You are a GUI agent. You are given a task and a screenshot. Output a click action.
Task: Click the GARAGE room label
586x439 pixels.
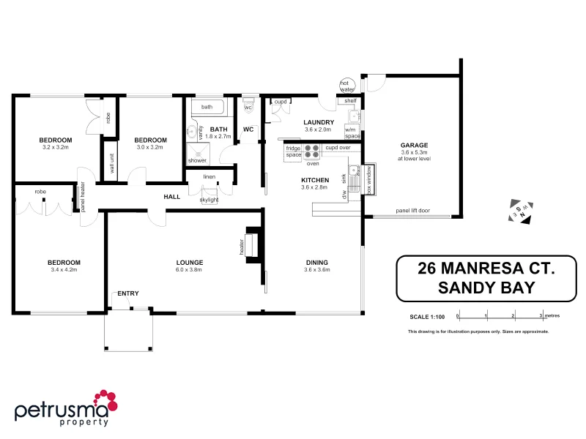click(414, 145)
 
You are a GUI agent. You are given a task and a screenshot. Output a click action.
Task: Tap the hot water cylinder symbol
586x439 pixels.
click(346, 86)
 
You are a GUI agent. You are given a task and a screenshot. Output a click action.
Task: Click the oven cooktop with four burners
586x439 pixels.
click(312, 151)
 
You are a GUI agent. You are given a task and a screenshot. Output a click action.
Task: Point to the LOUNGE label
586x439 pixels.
click(189, 262)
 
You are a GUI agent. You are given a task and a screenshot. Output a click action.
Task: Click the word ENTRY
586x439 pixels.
click(127, 293)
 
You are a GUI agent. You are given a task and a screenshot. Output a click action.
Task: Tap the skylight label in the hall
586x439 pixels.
click(209, 199)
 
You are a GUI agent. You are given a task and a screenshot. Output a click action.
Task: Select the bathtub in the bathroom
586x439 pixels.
click(209, 108)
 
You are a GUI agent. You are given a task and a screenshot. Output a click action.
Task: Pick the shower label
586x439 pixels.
click(197, 160)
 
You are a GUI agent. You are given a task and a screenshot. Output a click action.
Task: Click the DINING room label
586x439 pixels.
click(316, 262)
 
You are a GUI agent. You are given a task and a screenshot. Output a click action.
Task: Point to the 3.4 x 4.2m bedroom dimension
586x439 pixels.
click(64, 270)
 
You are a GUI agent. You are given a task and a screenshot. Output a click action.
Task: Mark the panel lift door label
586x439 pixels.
click(412, 210)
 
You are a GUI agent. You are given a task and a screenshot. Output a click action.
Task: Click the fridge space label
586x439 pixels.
click(294, 151)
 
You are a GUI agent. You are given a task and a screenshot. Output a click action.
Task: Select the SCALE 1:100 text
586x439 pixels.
click(426, 316)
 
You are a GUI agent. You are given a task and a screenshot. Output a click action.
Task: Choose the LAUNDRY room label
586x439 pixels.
click(319, 122)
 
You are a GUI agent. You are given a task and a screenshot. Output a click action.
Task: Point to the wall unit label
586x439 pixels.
click(112, 165)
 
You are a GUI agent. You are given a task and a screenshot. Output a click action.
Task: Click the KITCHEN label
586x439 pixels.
click(315, 180)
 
